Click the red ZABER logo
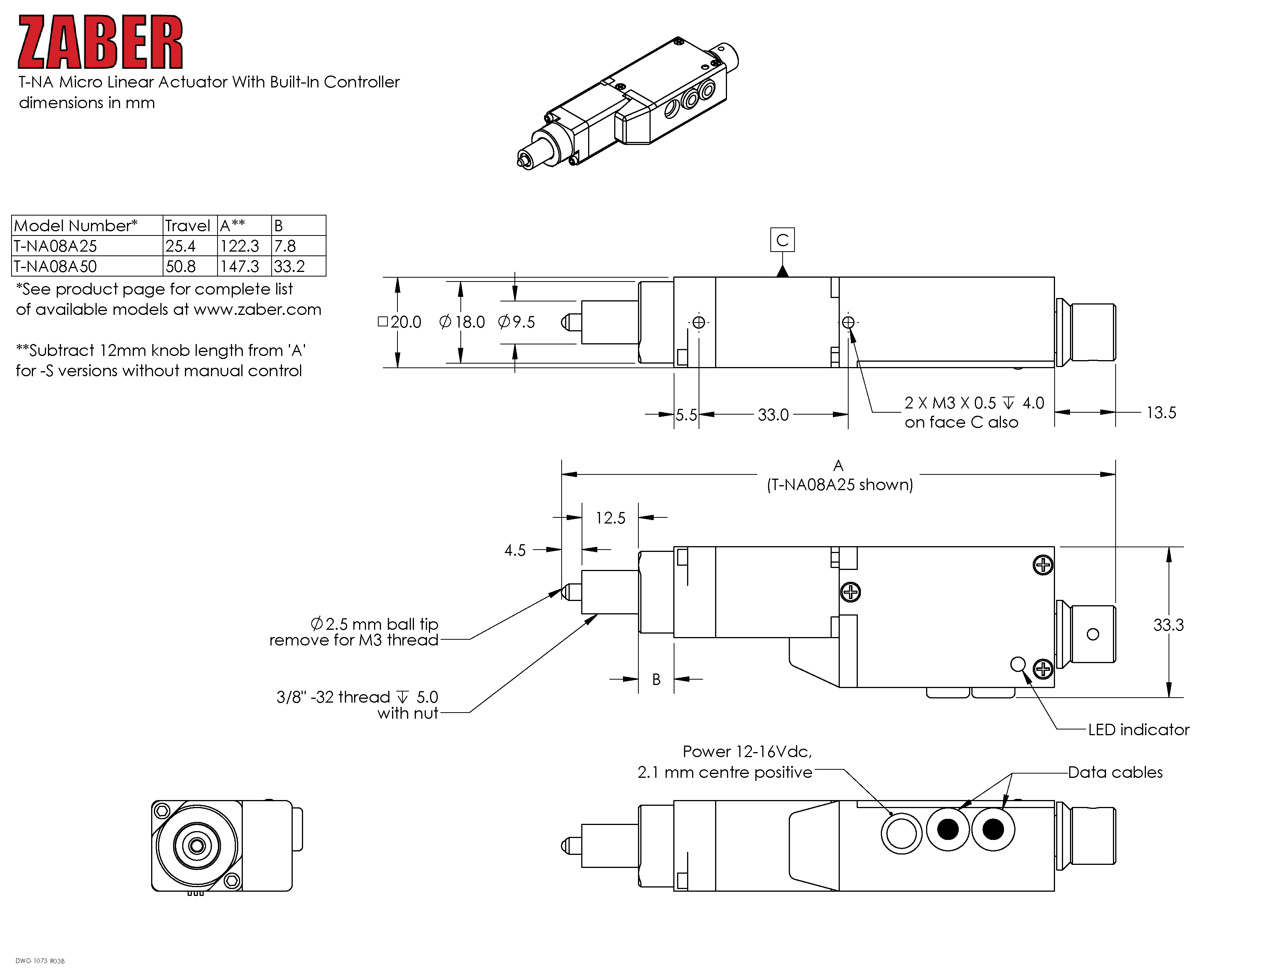[x=100, y=42]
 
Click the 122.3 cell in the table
[x=239, y=246]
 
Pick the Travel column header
[x=187, y=226]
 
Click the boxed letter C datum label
[x=782, y=240]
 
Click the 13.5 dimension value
[x=1161, y=413]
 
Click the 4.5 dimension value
[x=515, y=550]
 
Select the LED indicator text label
[x=1139, y=729]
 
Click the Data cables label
[x=1115, y=772]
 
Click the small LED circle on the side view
[x=1018, y=664]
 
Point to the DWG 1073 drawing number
[x=40, y=961]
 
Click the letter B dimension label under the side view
[x=656, y=679]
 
